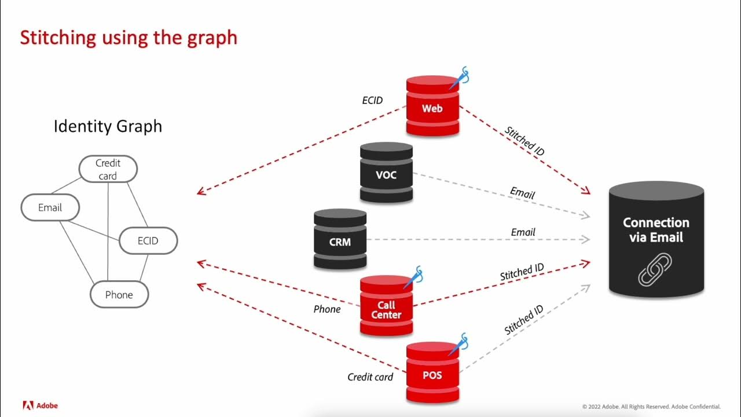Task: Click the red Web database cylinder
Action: click(432, 108)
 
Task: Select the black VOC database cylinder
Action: click(386, 174)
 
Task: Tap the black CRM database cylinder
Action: click(340, 241)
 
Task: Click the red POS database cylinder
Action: click(432, 374)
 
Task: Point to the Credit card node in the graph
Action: click(108, 169)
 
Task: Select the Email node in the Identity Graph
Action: click(50, 207)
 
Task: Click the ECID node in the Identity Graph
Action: click(148, 240)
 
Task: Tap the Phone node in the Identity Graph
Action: click(119, 294)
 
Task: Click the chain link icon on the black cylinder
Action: click(655, 268)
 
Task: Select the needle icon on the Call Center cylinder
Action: click(415, 276)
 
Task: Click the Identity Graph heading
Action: click(108, 126)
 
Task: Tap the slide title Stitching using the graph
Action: click(129, 38)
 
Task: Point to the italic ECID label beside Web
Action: click(372, 100)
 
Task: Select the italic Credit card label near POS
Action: click(370, 377)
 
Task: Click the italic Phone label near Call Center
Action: click(327, 309)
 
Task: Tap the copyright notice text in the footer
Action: click(651, 407)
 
